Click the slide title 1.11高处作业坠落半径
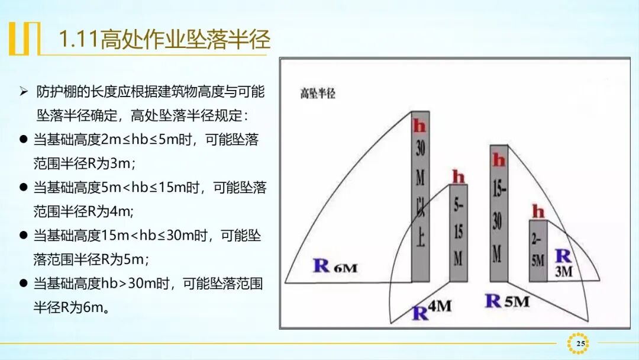164,40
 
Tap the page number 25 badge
579,343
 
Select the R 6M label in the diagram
335,266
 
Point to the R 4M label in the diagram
431,310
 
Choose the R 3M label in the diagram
563,263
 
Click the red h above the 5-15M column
459,176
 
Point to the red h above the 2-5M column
538,211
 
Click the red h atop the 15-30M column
499,159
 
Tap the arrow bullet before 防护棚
24,92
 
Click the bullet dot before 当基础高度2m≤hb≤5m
24,140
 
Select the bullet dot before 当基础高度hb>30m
24,284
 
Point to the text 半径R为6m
72,307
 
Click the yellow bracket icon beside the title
24,39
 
